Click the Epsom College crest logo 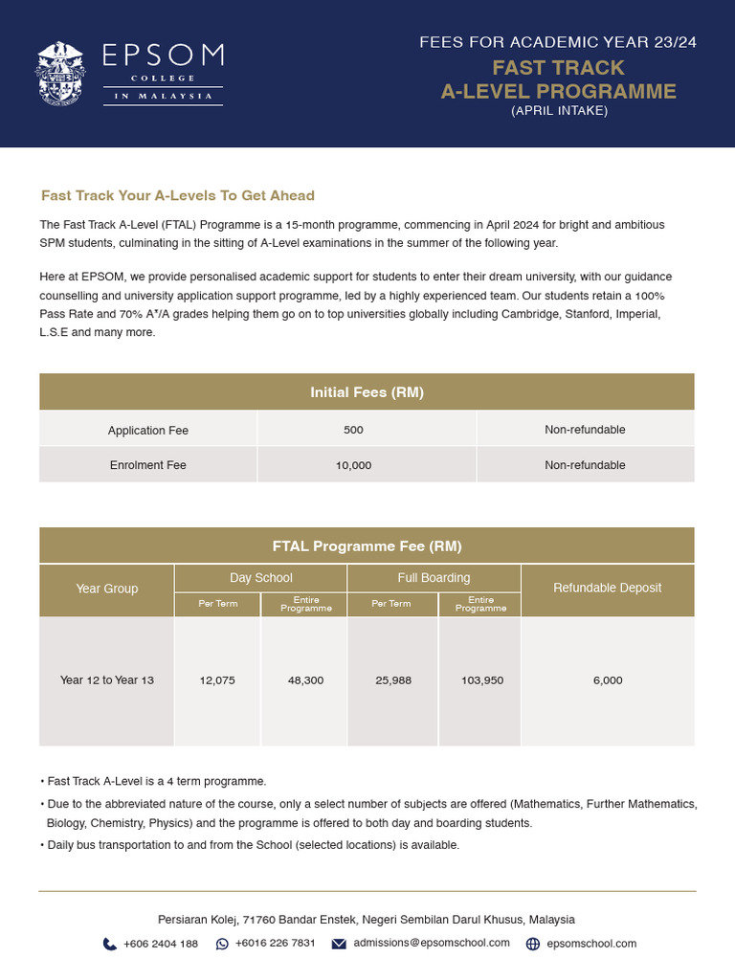[x=63, y=73]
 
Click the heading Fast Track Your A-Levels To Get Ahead [x=177, y=195]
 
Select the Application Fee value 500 [x=353, y=430]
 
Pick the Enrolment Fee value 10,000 [x=353, y=465]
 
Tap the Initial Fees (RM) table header [x=367, y=392]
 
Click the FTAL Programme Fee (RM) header [x=367, y=546]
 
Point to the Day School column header [x=260, y=578]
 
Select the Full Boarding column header [x=434, y=578]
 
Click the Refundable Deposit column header [x=607, y=588]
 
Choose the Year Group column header [x=106, y=589]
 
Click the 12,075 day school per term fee [x=217, y=680]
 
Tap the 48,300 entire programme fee [x=305, y=680]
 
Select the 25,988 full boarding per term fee [x=393, y=680]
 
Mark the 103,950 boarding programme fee [x=480, y=680]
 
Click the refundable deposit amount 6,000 [x=607, y=680]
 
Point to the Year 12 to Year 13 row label [x=106, y=680]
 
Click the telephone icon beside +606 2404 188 [x=110, y=944]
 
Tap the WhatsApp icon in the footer [x=222, y=944]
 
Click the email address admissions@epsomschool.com [x=432, y=943]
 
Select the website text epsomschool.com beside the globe [x=591, y=944]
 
